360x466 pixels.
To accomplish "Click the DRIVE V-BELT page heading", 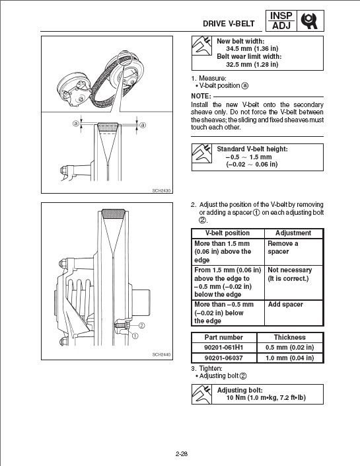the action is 229,24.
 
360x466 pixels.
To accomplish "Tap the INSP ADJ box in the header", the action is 281,20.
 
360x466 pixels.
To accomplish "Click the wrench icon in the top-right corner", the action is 310,20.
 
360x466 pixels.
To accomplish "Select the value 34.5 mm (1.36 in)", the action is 252,49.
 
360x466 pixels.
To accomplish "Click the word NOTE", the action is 201,97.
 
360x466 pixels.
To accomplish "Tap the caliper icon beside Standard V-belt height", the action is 201,153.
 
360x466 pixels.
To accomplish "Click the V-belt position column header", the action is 227,233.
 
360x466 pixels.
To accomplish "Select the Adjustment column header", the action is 293,233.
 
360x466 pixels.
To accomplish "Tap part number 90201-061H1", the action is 224,348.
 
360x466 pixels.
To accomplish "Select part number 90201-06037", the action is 224,358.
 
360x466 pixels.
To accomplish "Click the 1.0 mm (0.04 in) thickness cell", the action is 289,358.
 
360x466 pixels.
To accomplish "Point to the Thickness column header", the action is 289,337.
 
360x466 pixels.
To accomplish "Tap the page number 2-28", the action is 182,454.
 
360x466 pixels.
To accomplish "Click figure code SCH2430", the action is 161,190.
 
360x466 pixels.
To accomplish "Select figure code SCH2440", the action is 161,354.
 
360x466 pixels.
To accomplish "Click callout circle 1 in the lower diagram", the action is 135,336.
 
